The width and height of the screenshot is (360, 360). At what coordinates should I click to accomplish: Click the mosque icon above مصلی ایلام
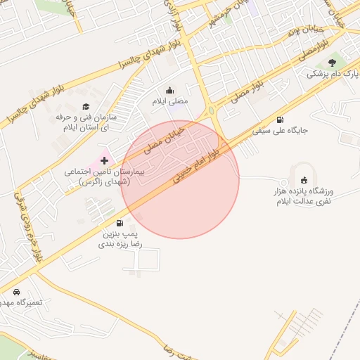169,90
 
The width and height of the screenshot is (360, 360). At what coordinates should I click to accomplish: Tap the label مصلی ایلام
171,101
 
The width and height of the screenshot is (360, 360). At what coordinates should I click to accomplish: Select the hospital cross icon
104,161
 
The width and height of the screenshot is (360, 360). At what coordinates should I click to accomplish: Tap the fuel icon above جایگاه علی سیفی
281,120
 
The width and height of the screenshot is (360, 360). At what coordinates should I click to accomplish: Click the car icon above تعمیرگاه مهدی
16,292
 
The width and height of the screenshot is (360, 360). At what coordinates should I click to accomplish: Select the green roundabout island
211,111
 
